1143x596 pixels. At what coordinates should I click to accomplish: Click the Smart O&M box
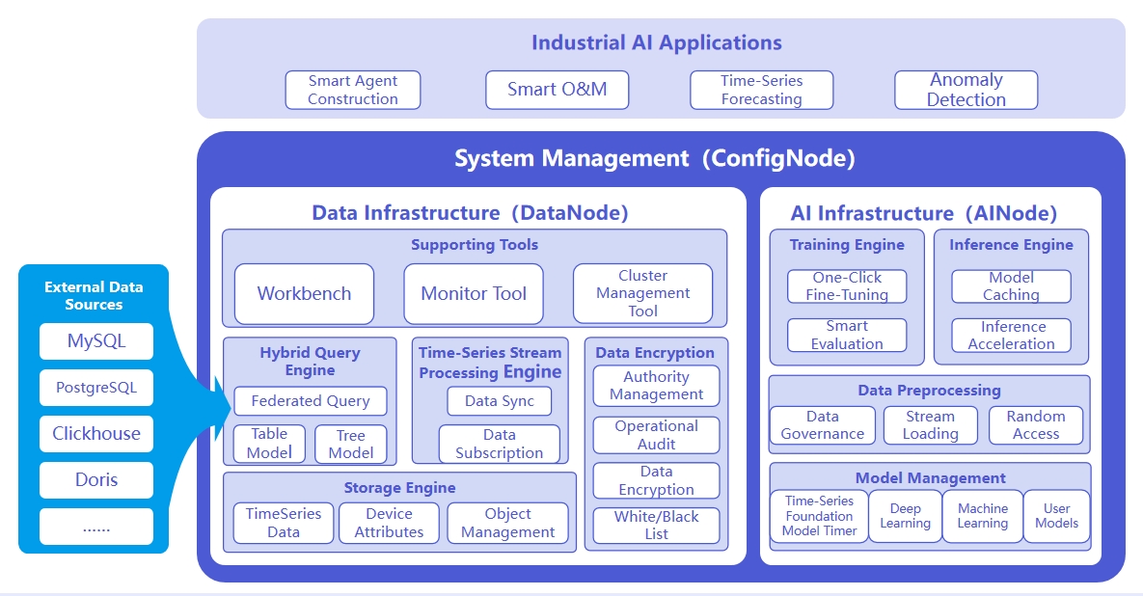click(558, 90)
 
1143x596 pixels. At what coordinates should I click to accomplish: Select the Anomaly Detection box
click(966, 90)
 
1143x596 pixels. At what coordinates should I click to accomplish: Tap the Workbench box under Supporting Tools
click(304, 293)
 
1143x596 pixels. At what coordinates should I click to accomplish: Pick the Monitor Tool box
click(474, 293)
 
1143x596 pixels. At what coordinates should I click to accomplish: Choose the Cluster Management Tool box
click(642, 293)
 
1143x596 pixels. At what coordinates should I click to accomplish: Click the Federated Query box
click(310, 401)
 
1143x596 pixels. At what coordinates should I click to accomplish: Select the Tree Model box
click(351, 444)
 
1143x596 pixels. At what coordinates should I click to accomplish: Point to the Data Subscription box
click(499, 444)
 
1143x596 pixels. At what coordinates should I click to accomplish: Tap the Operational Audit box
click(656, 435)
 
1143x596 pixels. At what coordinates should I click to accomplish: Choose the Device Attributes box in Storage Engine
click(389, 523)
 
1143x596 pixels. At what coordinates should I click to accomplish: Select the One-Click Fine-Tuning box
click(847, 285)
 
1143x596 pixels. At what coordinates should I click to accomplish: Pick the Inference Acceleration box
click(1011, 336)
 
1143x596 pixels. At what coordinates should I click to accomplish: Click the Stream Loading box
click(930, 425)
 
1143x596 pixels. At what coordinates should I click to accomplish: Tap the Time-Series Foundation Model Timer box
click(819, 516)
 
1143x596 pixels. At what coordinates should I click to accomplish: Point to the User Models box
click(1056, 516)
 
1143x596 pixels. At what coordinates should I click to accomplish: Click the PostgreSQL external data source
click(96, 388)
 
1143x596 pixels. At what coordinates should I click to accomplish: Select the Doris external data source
click(96, 479)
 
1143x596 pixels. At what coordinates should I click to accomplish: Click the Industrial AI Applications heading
click(656, 42)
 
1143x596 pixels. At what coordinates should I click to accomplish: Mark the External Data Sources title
click(94, 295)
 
